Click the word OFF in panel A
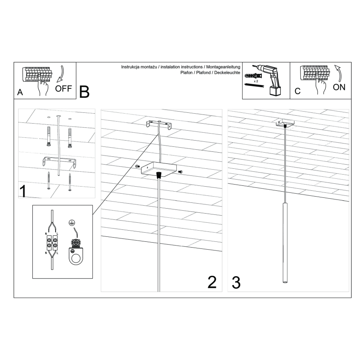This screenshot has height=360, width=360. (63, 88)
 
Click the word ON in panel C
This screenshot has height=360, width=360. (339, 87)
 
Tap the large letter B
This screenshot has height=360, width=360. (84, 92)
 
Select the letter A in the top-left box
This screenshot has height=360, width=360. (20, 93)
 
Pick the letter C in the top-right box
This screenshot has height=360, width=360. (297, 92)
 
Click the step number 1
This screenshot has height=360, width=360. (24, 191)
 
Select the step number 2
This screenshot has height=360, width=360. (212, 282)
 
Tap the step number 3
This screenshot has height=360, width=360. (236, 282)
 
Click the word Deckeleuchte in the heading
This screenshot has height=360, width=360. (226, 73)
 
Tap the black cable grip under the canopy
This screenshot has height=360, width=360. (158, 175)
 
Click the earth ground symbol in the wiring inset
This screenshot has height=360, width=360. (71, 223)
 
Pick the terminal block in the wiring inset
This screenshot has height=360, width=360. (52, 243)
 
